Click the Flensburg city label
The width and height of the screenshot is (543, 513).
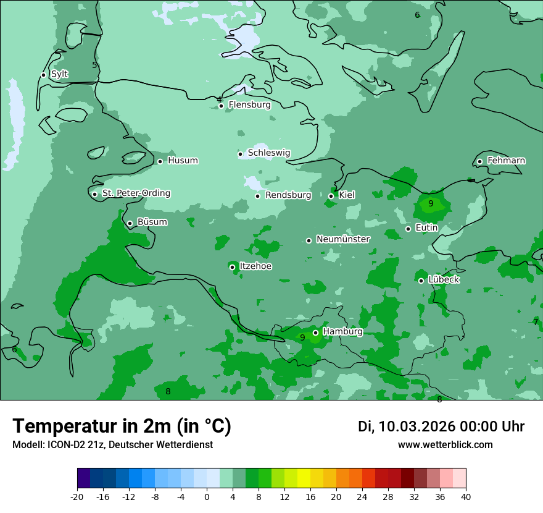tap(249, 105)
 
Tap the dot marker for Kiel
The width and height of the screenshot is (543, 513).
tap(331, 196)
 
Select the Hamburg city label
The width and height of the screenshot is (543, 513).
tap(342, 332)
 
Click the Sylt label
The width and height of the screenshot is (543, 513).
tap(59, 74)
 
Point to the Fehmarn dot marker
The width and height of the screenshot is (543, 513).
tap(479, 161)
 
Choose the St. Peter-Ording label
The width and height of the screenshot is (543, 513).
tap(136, 193)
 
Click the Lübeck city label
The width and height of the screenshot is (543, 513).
tap(443, 280)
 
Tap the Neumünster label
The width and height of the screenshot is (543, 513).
tap(343, 240)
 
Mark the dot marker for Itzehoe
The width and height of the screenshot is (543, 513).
tap(232, 267)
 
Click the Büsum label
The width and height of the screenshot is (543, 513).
tap(152, 223)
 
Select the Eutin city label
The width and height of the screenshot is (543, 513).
tap(426, 228)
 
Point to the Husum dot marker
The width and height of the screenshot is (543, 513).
tap(160, 161)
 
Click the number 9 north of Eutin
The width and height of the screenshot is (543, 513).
tap(431, 203)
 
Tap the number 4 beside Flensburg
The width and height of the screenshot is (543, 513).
tap(219, 100)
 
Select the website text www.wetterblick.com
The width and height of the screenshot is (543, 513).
tap(445, 445)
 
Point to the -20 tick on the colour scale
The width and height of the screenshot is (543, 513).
tap(77, 496)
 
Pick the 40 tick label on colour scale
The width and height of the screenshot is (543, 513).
tap(465, 496)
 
